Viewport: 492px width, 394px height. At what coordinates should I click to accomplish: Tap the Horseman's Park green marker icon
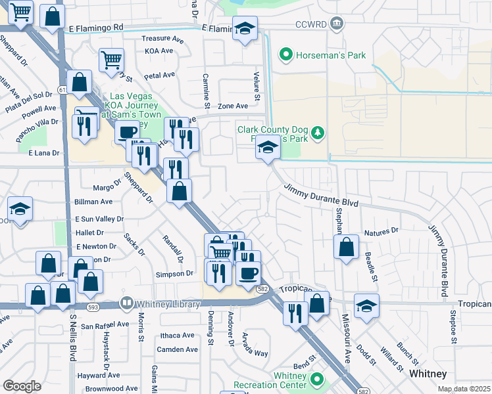(x=286, y=55)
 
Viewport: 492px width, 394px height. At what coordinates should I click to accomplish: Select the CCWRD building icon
(x=336, y=24)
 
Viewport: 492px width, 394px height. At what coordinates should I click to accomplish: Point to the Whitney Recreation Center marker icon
(x=317, y=380)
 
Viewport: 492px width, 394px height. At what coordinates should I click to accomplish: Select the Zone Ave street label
(x=233, y=106)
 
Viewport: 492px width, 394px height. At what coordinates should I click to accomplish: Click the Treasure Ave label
(x=160, y=39)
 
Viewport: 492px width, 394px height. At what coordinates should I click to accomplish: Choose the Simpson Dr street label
(x=174, y=273)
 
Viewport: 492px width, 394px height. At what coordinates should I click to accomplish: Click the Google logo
(x=22, y=386)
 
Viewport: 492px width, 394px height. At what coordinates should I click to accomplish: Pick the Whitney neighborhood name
(x=428, y=374)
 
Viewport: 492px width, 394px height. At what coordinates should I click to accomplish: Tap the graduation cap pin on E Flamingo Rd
(x=245, y=29)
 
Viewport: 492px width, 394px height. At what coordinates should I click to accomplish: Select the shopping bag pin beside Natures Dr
(x=346, y=248)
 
